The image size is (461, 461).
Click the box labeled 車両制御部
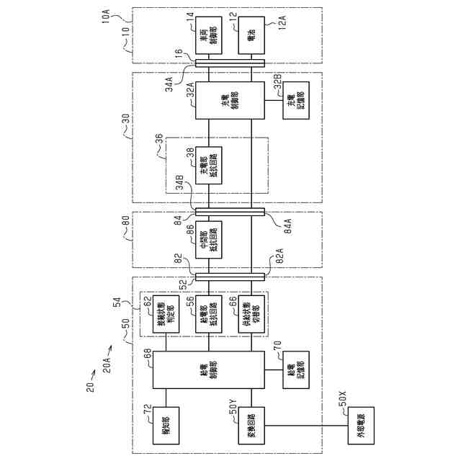click(x=209, y=38)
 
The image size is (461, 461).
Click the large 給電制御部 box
click(x=209, y=372)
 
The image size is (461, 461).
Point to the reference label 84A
click(x=283, y=222)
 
